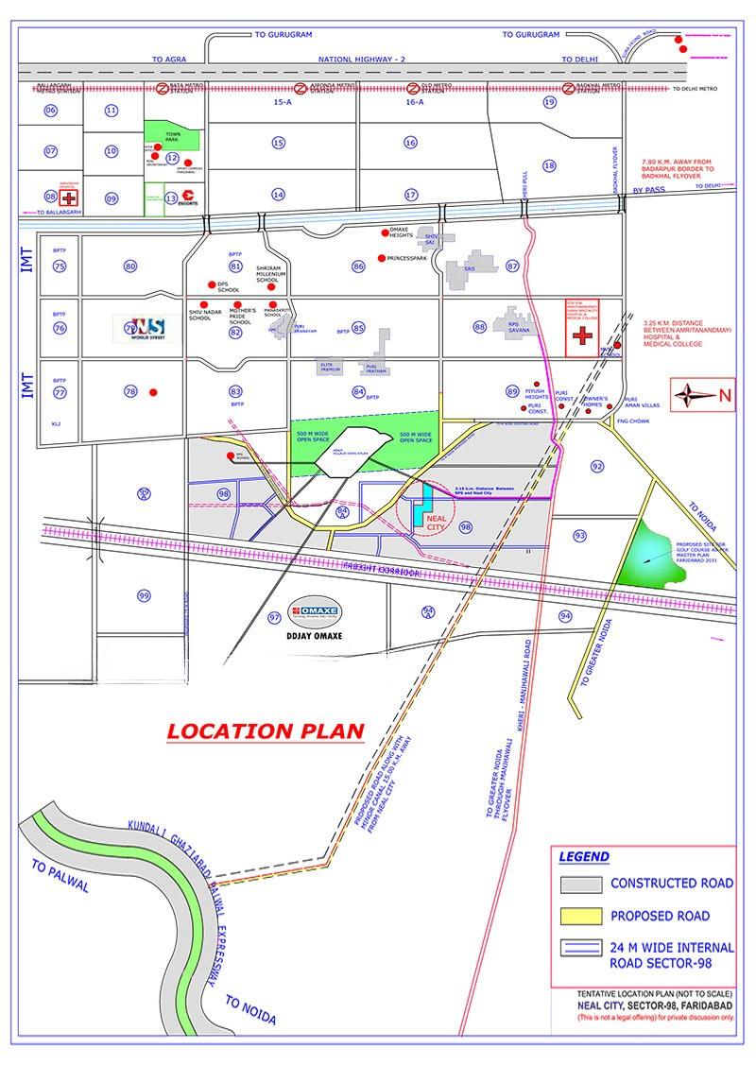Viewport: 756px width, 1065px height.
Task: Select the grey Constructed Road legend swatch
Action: (x=581, y=885)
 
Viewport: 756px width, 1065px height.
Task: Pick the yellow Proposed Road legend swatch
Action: (x=581, y=916)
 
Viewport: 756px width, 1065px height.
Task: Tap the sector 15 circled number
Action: (x=278, y=143)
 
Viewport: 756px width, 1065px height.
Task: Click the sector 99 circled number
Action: (x=144, y=595)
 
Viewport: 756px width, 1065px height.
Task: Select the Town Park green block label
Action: (x=173, y=137)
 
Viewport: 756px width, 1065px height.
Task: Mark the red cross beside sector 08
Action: (x=69, y=198)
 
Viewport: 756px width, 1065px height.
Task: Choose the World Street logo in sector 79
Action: (x=140, y=327)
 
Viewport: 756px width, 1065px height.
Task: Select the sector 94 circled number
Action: (x=565, y=616)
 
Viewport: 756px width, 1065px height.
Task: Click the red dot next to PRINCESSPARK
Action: (x=381, y=258)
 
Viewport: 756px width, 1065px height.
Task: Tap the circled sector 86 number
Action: (x=358, y=266)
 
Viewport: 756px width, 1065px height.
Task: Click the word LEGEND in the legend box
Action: (x=584, y=857)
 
